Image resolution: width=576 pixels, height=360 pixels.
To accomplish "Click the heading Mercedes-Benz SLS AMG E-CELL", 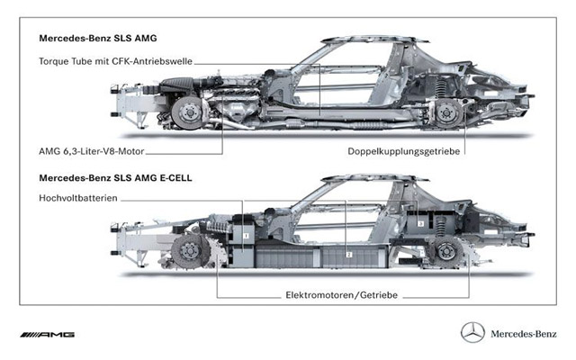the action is pos(115,178).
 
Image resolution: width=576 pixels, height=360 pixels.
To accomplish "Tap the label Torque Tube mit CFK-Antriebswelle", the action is pos(116,61).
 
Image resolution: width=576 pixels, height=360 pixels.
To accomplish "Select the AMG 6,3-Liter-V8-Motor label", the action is pos(92,151).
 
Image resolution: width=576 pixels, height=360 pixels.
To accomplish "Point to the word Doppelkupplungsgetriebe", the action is pos(404,151).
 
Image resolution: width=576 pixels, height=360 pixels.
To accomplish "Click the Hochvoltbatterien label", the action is pos(78,198).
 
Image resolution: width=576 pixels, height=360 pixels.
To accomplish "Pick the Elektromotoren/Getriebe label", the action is pos(342,295).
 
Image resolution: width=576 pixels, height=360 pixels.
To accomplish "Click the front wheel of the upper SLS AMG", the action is pos(188,112).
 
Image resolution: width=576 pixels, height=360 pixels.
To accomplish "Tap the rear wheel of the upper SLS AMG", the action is pos(447,112).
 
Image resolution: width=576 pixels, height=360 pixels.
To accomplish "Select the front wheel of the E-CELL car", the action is pos(190,252).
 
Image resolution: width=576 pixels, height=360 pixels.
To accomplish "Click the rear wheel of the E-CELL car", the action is pos(447,252).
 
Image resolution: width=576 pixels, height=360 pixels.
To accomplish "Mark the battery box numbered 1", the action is pos(246,236).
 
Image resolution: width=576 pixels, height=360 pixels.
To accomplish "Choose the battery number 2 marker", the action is pos(349,255).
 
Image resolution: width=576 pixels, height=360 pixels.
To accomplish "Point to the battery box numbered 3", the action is pos(421,223).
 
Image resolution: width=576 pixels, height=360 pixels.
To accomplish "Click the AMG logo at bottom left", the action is pos(48,334).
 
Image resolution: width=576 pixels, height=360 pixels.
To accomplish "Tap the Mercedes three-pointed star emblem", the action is pos(472,332).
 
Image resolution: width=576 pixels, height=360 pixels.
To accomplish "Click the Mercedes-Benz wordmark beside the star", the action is pos(524,334).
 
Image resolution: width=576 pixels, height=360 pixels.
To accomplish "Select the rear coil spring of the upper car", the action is pos(440,89).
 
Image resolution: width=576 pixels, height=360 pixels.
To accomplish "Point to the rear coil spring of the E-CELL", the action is pos(440,226).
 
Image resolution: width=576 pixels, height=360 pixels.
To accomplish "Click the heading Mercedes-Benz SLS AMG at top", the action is pos(98,38).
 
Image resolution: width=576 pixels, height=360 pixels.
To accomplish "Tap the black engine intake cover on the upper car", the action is pos(177,85).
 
